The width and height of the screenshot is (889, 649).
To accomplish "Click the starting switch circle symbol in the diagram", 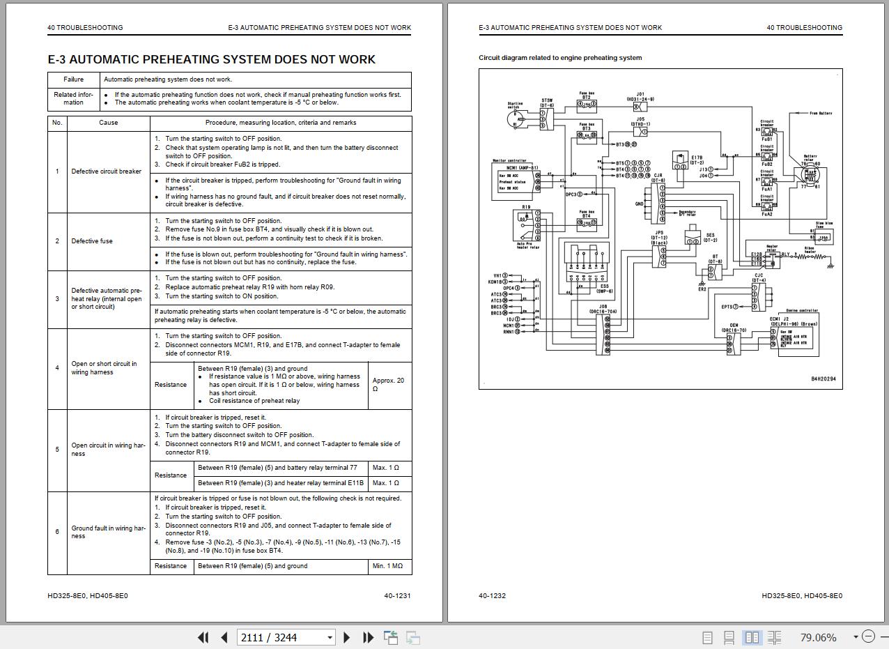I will coord(516,119).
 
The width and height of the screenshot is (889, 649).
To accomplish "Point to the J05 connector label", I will coord(640,119).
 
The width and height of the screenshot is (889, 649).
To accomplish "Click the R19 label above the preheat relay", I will coord(525,207).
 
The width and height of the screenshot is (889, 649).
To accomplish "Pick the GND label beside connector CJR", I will coord(639,204).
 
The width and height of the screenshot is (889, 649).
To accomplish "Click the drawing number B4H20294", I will coord(823,379).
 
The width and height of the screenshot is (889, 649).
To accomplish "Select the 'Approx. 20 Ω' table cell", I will coord(389,385).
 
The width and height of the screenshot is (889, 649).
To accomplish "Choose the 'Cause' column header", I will coord(109,123).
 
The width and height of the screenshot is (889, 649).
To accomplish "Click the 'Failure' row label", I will coord(74,79).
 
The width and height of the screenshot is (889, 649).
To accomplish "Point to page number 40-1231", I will coord(397,596).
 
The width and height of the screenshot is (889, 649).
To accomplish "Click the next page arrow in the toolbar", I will coord(347,637).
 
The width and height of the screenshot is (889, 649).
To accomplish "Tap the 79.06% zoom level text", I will coord(818,637).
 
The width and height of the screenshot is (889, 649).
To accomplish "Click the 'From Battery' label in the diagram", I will coord(820,113).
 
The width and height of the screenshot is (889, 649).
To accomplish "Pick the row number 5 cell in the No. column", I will coord(57,450).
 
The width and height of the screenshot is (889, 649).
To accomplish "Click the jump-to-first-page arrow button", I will coord(203,637).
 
